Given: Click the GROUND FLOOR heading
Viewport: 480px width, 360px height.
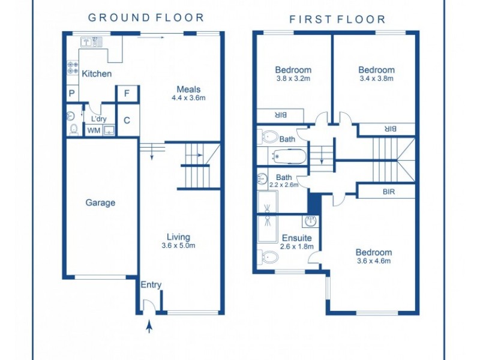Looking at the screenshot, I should pyautogui.click(x=146, y=18).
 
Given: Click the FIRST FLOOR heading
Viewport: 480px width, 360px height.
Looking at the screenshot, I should pyautogui.click(x=337, y=19).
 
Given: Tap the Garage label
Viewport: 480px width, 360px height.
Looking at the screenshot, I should pyautogui.click(x=100, y=203).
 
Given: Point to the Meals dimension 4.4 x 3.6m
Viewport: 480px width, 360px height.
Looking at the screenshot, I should pyautogui.click(x=188, y=98).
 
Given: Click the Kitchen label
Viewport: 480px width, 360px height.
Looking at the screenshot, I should pyautogui.click(x=97, y=74).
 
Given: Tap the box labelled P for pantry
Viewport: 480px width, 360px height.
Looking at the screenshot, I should pyautogui.click(x=71, y=94).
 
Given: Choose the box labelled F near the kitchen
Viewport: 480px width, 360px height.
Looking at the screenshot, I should pyautogui.click(x=127, y=94).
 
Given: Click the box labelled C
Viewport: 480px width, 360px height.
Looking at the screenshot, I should pyautogui.click(x=127, y=120).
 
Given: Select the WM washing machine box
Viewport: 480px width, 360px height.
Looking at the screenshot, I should pyautogui.click(x=94, y=130).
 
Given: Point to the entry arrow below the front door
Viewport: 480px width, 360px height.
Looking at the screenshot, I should pyautogui.click(x=149, y=326).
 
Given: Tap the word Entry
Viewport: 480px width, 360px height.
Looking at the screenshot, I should pyautogui.click(x=151, y=284).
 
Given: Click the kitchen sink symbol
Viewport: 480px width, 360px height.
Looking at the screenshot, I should pyautogui.click(x=91, y=42).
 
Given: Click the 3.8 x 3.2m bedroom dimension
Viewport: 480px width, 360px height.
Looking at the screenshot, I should pyautogui.click(x=293, y=78).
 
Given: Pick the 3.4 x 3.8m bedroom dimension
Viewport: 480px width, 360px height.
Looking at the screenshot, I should pyautogui.click(x=376, y=78).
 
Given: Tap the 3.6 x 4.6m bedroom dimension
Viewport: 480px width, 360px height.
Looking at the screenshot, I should pyautogui.click(x=373, y=261).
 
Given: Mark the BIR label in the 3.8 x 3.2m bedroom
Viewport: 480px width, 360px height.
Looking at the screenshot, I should pyautogui.click(x=280, y=115).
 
